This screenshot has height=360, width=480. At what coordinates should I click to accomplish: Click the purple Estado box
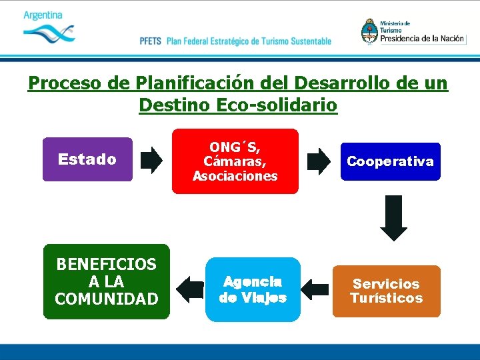click(x=87, y=159)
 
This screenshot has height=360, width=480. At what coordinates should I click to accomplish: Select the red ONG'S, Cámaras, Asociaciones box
click(x=235, y=161)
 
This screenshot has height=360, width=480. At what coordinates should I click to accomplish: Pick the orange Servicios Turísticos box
click(x=386, y=291)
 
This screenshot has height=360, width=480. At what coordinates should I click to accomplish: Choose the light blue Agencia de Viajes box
click(x=253, y=289)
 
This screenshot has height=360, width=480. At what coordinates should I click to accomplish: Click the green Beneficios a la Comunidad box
click(x=107, y=281)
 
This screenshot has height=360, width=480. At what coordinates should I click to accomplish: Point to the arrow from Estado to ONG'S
click(x=151, y=160)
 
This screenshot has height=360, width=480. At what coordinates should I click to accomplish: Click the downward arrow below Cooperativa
click(x=393, y=217)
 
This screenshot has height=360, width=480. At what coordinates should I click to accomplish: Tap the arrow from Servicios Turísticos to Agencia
click(x=315, y=289)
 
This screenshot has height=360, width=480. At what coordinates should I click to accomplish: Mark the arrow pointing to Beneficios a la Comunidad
click(x=189, y=288)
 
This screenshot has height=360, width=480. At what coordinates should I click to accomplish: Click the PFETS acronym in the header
click(x=150, y=41)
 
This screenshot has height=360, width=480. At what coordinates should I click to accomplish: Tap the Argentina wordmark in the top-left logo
click(x=43, y=15)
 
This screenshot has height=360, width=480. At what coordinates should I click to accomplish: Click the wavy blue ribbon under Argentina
click(x=49, y=32)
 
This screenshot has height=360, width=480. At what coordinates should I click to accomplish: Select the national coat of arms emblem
click(x=369, y=31)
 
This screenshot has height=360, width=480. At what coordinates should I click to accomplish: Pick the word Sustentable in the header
click(x=309, y=41)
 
